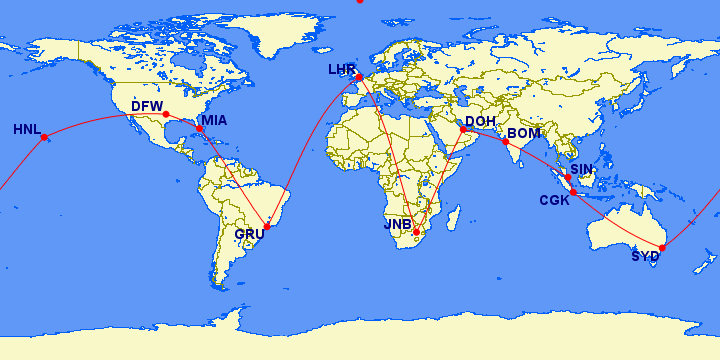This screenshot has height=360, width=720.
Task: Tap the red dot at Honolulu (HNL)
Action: [x=44, y=137]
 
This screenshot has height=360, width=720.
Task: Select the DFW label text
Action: [x=147, y=108]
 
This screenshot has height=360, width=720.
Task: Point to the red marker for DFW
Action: [x=166, y=114]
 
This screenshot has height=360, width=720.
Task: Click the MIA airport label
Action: [x=215, y=122]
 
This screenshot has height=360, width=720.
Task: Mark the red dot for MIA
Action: [x=200, y=129]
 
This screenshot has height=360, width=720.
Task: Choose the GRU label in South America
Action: [x=250, y=235]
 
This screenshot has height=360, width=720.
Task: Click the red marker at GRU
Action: [x=267, y=227]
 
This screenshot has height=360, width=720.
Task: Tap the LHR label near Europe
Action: [x=343, y=70]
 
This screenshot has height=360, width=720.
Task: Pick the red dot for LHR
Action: [x=359, y=77]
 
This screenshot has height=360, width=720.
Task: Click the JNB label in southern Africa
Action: [x=398, y=225]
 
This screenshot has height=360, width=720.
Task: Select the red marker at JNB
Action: [x=417, y=232]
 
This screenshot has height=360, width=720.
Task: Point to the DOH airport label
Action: [x=481, y=122]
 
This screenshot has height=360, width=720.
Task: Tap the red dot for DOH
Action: [x=463, y=129]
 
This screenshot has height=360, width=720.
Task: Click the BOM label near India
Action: [x=524, y=133]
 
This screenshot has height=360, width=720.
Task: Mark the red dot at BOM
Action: [x=505, y=142]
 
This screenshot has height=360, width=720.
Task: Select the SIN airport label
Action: [x=582, y=170]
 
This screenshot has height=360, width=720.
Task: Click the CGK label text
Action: [x=555, y=200]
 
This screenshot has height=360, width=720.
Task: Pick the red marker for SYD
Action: [x=662, y=247]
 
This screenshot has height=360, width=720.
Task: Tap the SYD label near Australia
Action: [x=645, y=256]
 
